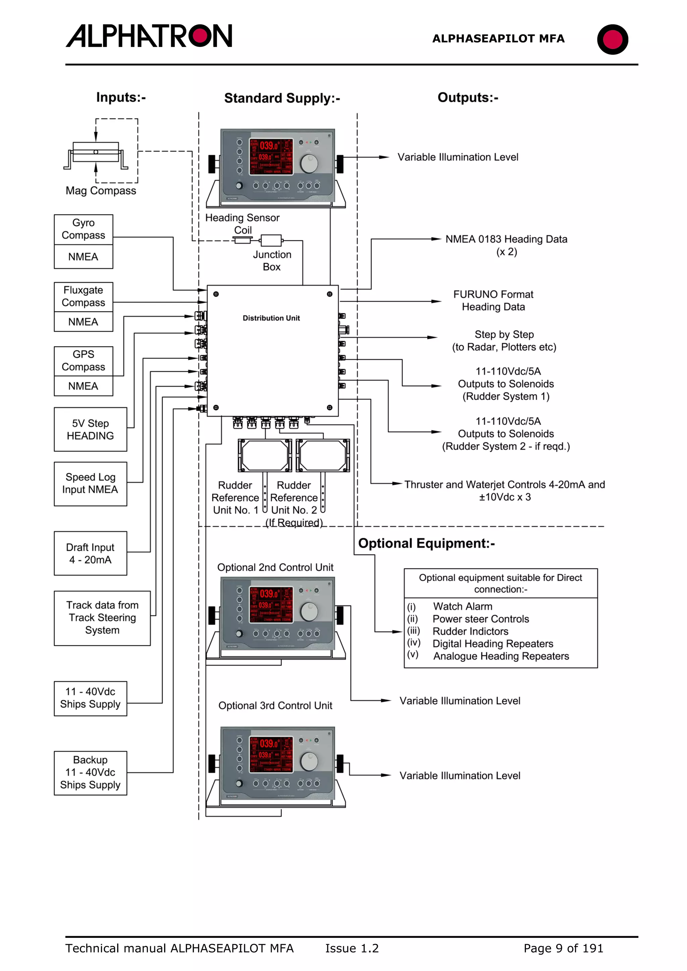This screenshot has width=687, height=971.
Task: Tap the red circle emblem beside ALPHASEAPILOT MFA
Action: tap(612, 39)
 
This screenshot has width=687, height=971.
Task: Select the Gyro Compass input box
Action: tap(84, 229)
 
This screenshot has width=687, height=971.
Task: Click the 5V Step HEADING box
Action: tap(90, 429)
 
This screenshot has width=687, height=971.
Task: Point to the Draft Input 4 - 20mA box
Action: tap(90, 553)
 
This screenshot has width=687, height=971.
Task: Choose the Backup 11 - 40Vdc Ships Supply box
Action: tap(90, 773)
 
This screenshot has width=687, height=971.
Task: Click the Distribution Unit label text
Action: tap(271, 318)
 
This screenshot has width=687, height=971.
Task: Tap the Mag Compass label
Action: tap(101, 191)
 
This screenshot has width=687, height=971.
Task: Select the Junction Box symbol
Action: tap(271, 241)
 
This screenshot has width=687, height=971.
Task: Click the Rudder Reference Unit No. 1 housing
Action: tap(265, 455)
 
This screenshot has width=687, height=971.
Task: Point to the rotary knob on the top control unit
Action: tap(309, 163)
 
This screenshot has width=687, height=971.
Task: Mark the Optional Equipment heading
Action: tap(426, 543)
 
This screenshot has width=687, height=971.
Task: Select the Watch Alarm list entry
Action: tap(462, 606)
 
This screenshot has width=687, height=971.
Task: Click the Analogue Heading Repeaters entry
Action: tap(501, 656)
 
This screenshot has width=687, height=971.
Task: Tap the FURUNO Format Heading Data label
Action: tap(493, 301)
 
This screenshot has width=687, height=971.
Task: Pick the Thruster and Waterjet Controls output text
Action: tap(505, 491)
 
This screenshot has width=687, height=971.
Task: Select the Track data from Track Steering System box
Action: tap(102, 618)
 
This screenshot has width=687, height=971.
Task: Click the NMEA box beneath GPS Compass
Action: tap(84, 386)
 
